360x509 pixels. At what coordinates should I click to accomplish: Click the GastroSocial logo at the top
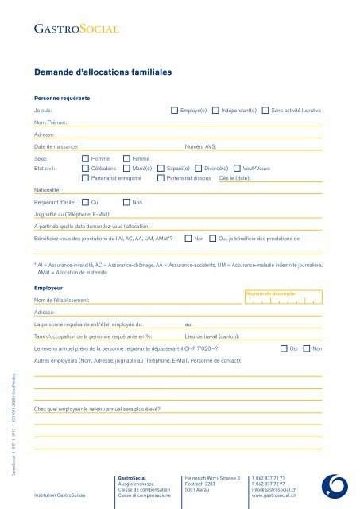click(x=76, y=31)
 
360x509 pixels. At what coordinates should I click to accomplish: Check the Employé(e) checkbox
click(x=175, y=111)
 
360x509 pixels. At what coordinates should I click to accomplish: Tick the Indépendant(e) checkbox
click(x=215, y=111)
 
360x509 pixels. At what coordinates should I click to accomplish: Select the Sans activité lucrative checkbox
click(x=265, y=111)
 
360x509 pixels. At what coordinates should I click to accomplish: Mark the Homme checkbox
click(x=86, y=159)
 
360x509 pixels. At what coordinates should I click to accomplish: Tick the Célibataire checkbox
click(x=86, y=169)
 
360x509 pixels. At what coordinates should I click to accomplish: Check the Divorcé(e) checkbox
click(x=199, y=169)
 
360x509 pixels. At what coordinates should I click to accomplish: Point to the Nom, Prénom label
click(x=50, y=123)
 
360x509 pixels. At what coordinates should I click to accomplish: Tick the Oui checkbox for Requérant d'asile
click(x=86, y=202)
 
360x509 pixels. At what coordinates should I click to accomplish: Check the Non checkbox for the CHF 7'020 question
click(x=307, y=348)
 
